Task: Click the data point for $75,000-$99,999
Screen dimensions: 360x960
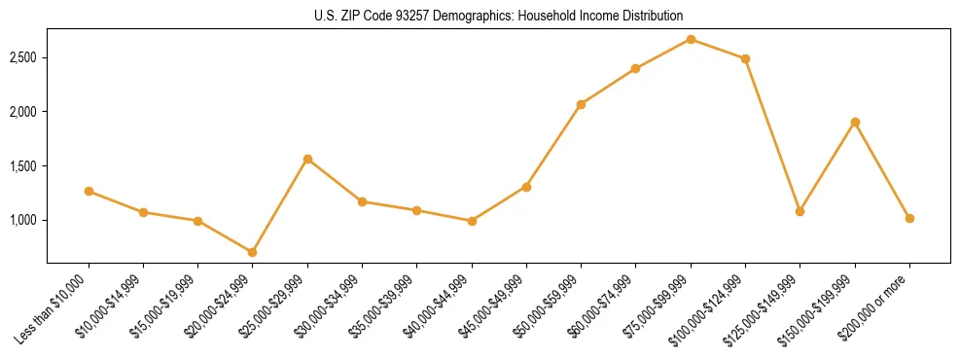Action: click(x=691, y=39)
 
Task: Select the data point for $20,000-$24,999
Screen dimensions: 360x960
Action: click(x=253, y=252)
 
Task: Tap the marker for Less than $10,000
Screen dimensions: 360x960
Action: click(x=89, y=191)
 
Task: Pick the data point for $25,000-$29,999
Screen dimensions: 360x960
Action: click(x=307, y=159)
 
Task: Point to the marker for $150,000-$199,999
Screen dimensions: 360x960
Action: click(x=855, y=122)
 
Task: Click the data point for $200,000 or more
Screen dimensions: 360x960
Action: click(x=909, y=218)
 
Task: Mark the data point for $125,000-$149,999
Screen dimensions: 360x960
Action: click(x=800, y=211)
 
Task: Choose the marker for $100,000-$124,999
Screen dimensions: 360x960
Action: click(x=745, y=58)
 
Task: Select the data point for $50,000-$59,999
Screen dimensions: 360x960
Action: click(x=581, y=104)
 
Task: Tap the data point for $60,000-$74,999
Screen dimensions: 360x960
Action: click(x=635, y=68)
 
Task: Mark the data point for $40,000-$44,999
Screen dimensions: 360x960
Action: click(x=472, y=221)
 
